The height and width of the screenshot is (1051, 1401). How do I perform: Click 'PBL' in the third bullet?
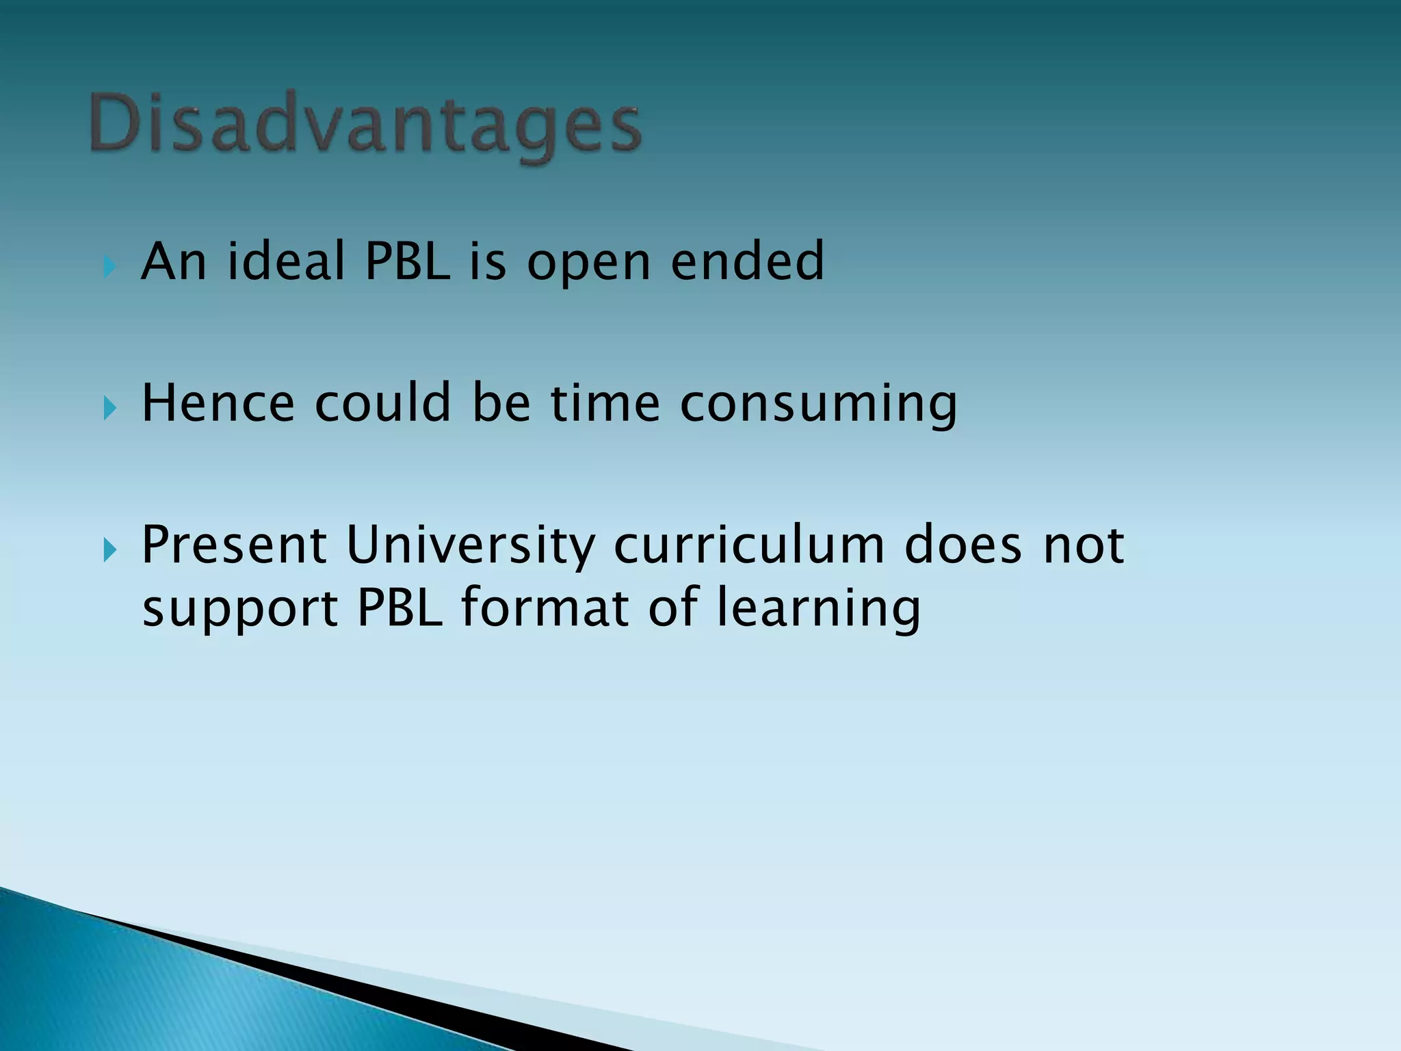pyautogui.click(x=400, y=607)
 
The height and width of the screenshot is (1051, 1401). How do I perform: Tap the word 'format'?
pyautogui.click(x=545, y=607)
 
